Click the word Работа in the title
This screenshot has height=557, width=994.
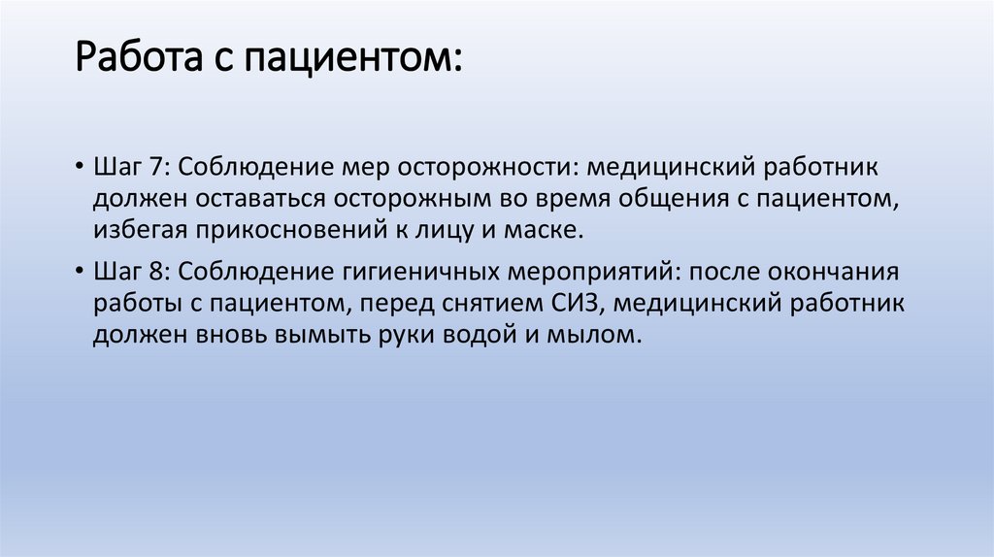133,63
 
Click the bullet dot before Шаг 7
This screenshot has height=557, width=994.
78,166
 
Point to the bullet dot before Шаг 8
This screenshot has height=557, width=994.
78,270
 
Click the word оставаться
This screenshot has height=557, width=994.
247,198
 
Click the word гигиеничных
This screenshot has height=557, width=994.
427,269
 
